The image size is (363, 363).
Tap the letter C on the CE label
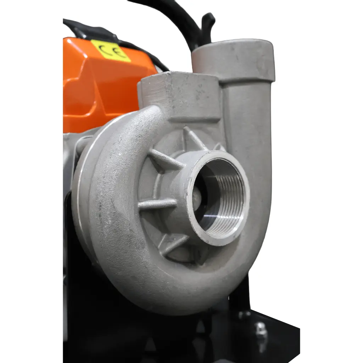click(x=104, y=48)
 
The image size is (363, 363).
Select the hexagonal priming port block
click(x=179, y=97)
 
